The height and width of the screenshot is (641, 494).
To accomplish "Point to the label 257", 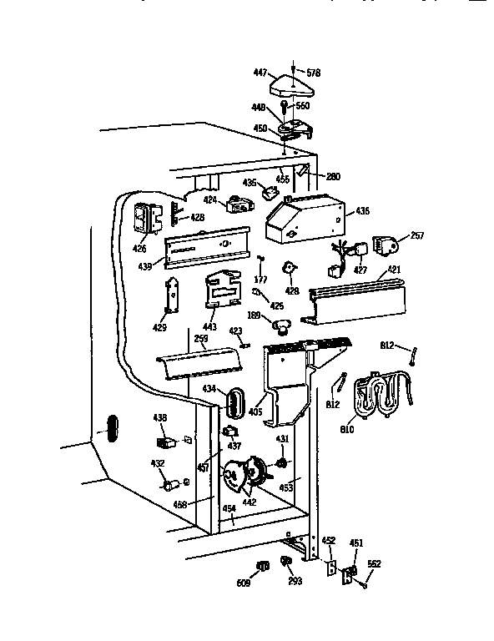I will [x=417, y=236].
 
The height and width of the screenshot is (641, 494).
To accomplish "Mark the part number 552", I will [x=374, y=564].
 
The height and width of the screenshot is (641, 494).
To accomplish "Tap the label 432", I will [x=158, y=463].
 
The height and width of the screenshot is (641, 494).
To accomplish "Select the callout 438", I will [x=159, y=417].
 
